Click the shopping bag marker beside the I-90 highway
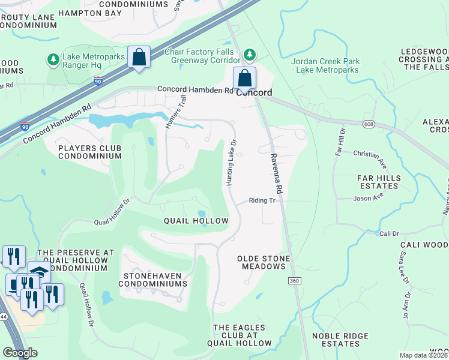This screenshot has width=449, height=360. coord(139,58)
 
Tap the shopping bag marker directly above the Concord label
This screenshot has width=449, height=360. coord(244,78)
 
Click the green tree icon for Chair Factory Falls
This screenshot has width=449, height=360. coord(249,55)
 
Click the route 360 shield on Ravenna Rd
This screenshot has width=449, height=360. coord(294,281)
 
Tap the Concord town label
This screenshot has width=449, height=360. coord(254,93)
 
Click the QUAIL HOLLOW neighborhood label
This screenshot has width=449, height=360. coord(196,221)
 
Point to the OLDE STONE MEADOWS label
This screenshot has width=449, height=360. coord(264,263)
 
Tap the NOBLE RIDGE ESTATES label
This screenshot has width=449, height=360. coord(340,340)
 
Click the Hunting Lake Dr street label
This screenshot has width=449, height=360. coord(231,161)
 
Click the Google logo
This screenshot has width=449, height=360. coord(20,353)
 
